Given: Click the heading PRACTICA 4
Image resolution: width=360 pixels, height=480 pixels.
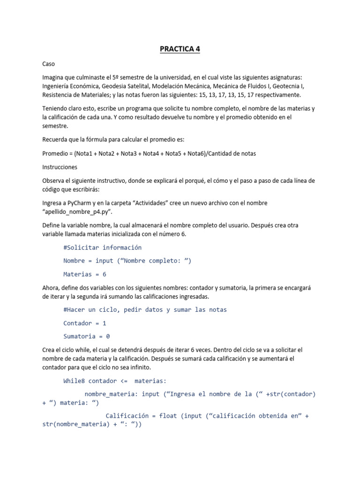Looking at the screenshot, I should click(x=180, y=49).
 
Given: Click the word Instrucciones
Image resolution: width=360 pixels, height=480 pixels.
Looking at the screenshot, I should click(x=60, y=167).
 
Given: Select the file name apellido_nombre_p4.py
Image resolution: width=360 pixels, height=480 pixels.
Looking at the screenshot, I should click(x=77, y=211).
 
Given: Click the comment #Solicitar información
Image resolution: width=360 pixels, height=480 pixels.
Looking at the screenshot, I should click(x=102, y=247).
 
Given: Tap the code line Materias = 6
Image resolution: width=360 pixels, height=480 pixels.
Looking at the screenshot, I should click(x=85, y=274).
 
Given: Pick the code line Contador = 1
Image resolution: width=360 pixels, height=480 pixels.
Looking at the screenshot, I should click(x=85, y=323).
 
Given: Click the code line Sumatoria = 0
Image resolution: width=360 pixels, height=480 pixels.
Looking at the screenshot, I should click(x=87, y=336).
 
